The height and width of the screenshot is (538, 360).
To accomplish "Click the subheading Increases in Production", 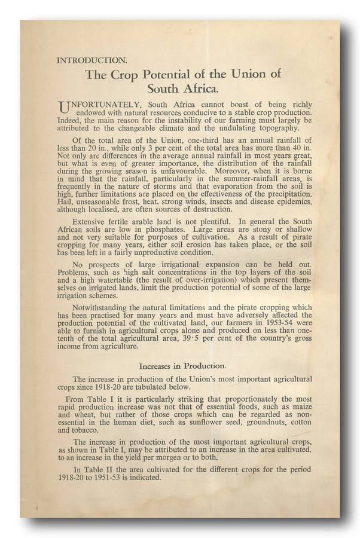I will [x=183, y=365].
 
